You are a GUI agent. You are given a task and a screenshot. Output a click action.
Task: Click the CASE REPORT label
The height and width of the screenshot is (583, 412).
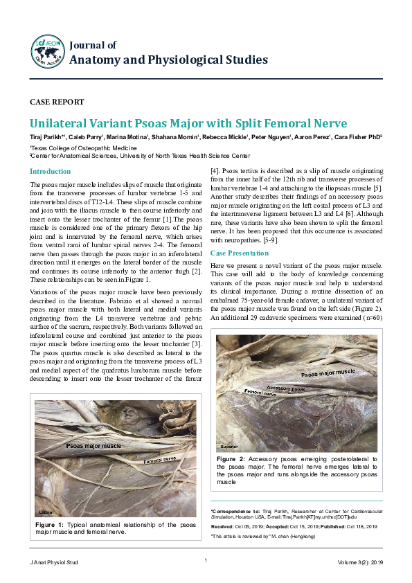[x=53, y=101]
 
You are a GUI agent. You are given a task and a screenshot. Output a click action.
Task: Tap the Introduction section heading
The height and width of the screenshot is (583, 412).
[x=50, y=171]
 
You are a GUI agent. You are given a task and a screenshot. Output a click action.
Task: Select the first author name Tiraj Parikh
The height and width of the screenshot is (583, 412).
[x=46, y=138]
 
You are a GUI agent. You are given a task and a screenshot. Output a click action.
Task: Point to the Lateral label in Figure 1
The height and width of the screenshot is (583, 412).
[x=46, y=512]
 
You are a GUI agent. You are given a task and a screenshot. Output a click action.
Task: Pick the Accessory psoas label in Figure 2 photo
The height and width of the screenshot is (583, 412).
[x=285, y=389]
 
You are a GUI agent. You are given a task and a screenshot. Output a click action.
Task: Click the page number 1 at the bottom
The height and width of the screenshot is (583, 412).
[x=206, y=560]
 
